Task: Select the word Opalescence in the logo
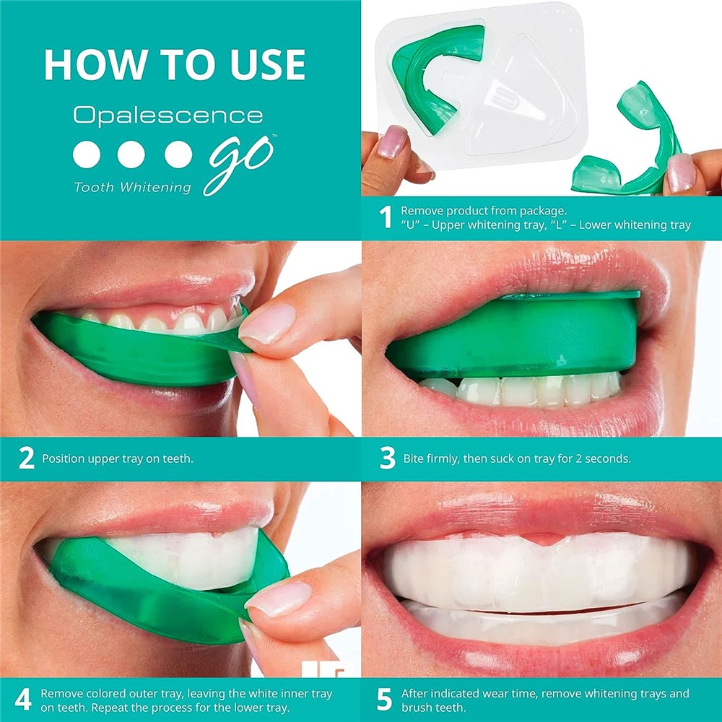pyautogui.click(x=168, y=115)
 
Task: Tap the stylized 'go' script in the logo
pyautogui.click(x=239, y=164)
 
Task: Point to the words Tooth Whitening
pyautogui.click(x=132, y=187)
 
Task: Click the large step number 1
pyautogui.click(x=386, y=217)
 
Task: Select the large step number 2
pyautogui.click(x=26, y=458)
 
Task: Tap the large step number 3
pyautogui.click(x=387, y=458)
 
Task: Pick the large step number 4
pyautogui.click(x=23, y=700)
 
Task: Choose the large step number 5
pyautogui.click(x=385, y=700)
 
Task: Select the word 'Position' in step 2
pyautogui.click(x=64, y=458)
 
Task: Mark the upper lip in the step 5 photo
pyautogui.click(x=534, y=513)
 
